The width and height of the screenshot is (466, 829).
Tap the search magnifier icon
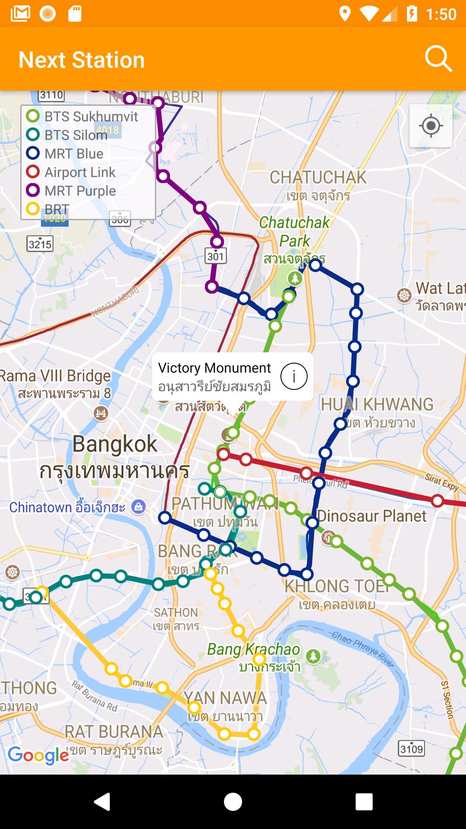pos(438,59)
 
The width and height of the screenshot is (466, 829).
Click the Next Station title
pos(82,60)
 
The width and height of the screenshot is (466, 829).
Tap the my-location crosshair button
pos(431,126)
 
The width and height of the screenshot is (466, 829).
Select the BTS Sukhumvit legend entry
pos(82,117)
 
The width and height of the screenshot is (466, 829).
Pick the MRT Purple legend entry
pos(71,191)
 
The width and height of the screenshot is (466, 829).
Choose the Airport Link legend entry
pos(71,172)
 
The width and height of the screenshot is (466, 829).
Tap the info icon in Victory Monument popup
pos(294,376)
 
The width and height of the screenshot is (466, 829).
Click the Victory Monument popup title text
pos(214,368)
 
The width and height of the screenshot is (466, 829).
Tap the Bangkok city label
pos(115,444)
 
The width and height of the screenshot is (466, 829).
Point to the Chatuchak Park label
pos(294,232)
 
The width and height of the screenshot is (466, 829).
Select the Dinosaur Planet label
pos(372,516)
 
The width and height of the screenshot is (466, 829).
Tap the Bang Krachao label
pos(253,649)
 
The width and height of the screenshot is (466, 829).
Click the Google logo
pos(38,755)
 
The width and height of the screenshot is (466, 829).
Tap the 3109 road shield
pos(411,748)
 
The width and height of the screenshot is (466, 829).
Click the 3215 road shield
pos(40,244)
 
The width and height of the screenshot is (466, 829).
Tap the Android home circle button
pos(233,802)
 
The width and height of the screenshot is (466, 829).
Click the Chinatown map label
pos(67,507)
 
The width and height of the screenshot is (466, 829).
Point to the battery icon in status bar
pos(412,14)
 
